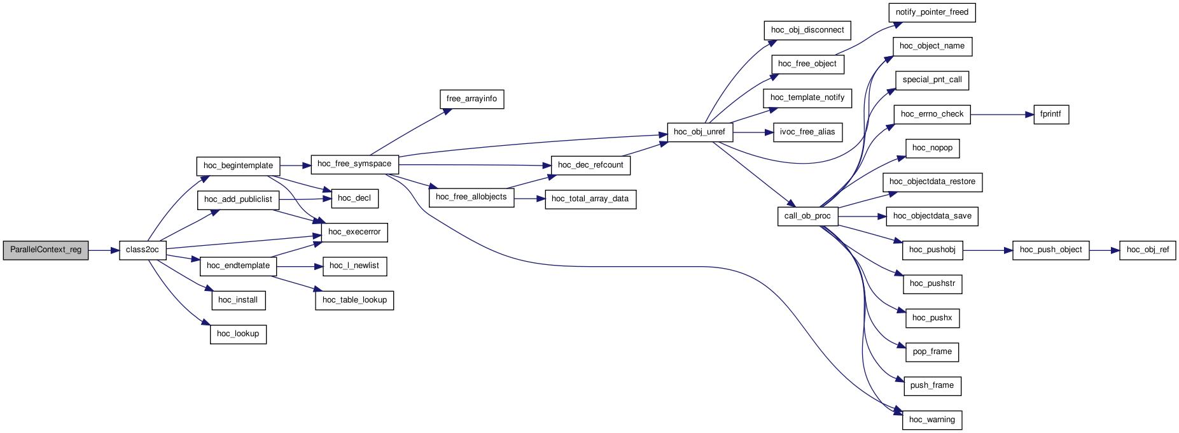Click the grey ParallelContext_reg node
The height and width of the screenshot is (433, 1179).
click(x=46, y=250)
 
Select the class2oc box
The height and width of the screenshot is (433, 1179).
click(x=143, y=250)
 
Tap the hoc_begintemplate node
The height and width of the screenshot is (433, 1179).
click(x=238, y=166)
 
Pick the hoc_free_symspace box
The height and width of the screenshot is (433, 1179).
click(x=354, y=164)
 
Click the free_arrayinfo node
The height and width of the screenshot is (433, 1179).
click(x=471, y=99)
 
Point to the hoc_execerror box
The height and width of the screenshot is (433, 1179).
click(x=354, y=232)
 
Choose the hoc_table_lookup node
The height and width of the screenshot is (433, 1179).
click(x=354, y=300)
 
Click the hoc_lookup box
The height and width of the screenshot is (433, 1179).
click(x=238, y=334)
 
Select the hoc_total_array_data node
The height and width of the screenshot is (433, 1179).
click(x=590, y=199)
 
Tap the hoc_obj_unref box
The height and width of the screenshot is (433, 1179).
click(x=700, y=132)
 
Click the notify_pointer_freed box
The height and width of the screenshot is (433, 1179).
click(x=932, y=13)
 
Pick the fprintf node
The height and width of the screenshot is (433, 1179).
click(x=1051, y=115)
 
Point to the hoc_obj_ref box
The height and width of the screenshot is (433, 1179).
click(x=1148, y=250)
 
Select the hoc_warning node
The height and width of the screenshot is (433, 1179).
click(x=932, y=420)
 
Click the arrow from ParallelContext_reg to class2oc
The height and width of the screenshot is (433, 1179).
click(x=104, y=250)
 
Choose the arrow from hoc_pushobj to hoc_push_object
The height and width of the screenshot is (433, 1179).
click(x=987, y=250)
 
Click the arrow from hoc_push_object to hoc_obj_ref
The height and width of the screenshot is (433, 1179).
click(x=1105, y=250)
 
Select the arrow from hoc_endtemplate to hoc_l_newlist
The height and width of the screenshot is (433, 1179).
click(x=300, y=266)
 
